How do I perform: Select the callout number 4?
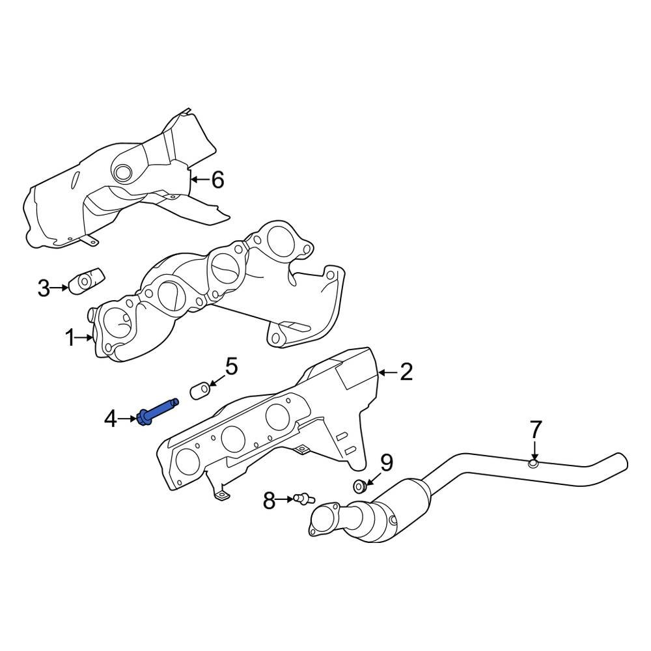pos(111,419)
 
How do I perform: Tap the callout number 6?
pos(217,179)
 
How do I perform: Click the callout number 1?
pos(70,338)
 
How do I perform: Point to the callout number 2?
pos(406,372)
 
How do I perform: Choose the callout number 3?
pos(44,287)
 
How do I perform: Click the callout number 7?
pos(535,430)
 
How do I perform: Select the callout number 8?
pos(270,501)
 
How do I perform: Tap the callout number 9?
pos(387,463)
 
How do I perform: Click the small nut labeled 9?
pos(359,486)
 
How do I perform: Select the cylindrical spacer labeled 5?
pos(199,391)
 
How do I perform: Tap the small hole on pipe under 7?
pos(533,464)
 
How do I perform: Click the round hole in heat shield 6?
pos(122,173)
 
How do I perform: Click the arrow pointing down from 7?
pos(534,451)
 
